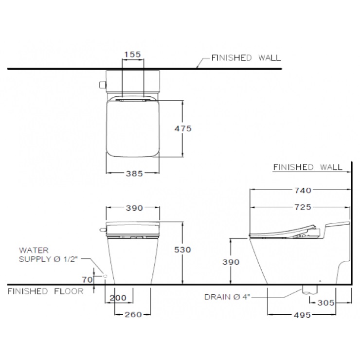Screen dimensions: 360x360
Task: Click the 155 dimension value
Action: click(x=132, y=54)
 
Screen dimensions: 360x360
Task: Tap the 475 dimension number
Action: click(x=183, y=128)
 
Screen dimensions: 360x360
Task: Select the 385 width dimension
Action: click(x=134, y=174)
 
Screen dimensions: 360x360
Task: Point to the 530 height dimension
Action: click(x=182, y=250)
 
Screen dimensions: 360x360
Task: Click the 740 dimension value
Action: click(x=303, y=190)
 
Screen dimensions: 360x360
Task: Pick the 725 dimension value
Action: click(x=303, y=207)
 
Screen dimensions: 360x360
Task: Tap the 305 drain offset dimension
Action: click(x=326, y=303)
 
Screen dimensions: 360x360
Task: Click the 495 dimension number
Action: click(x=303, y=315)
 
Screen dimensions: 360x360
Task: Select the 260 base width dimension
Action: click(x=133, y=315)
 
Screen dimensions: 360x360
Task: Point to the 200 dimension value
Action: click(x=118, y=298)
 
